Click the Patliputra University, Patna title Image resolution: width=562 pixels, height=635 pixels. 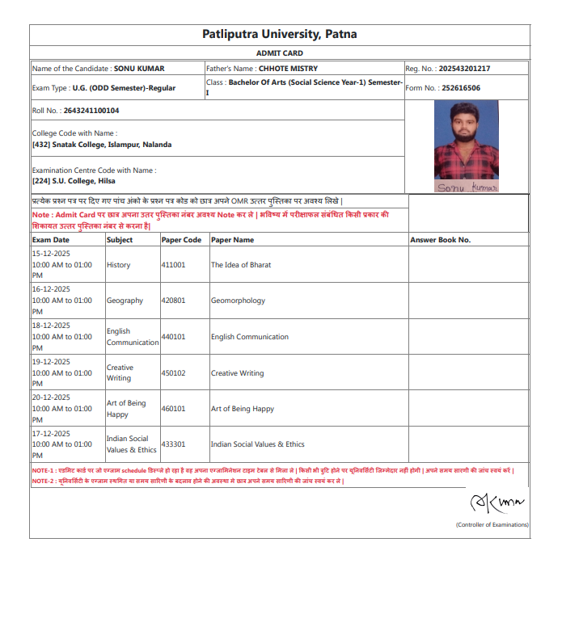(280, 34)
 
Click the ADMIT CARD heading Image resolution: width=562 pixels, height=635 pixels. (280, 53)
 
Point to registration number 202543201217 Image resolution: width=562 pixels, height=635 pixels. (461, 69)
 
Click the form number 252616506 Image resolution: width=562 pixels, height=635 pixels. (455, 88)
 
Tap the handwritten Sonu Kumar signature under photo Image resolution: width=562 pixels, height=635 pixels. (467, 187)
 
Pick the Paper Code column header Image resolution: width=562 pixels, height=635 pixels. (182, 240)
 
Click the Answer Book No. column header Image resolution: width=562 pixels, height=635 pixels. (440, 240)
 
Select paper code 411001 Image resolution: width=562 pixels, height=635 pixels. (174, 265)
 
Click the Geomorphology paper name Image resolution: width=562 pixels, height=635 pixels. (238, 301)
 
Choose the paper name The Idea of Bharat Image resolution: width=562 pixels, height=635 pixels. (241, 265)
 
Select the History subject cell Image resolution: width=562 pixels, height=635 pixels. (118, 265)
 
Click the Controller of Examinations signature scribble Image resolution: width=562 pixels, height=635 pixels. (497, 504)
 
